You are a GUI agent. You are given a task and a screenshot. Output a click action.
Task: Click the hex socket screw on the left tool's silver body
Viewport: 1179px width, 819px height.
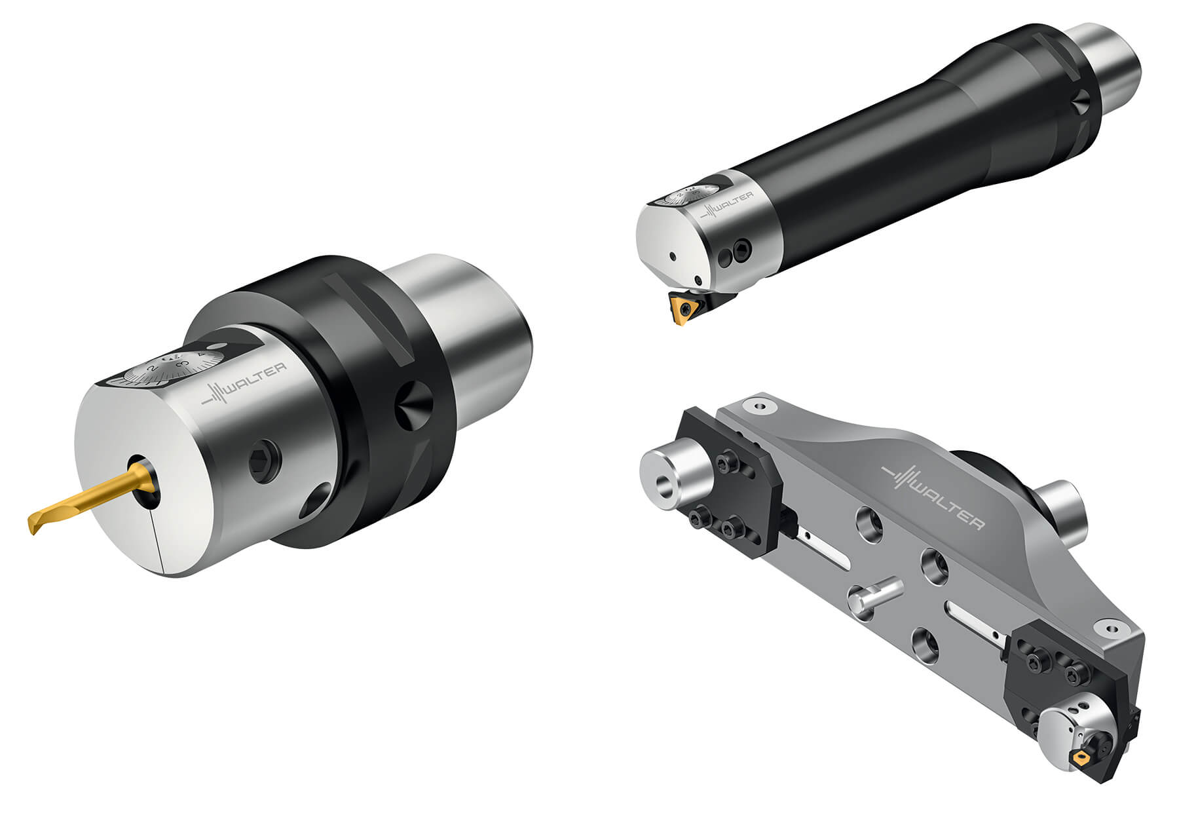click(265, 463)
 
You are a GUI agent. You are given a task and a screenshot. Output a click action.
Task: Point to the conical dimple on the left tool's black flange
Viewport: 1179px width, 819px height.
click(414, 404)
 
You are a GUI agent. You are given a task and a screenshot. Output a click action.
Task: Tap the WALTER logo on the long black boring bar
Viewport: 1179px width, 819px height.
click(727, 206)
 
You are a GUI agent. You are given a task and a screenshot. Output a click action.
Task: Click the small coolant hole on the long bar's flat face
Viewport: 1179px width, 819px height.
click(671, 256)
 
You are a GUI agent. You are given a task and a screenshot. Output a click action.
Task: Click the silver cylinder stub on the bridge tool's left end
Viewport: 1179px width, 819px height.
click(675, 475)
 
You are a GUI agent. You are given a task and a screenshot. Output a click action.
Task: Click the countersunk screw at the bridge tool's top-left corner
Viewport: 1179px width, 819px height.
click(760, 406)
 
